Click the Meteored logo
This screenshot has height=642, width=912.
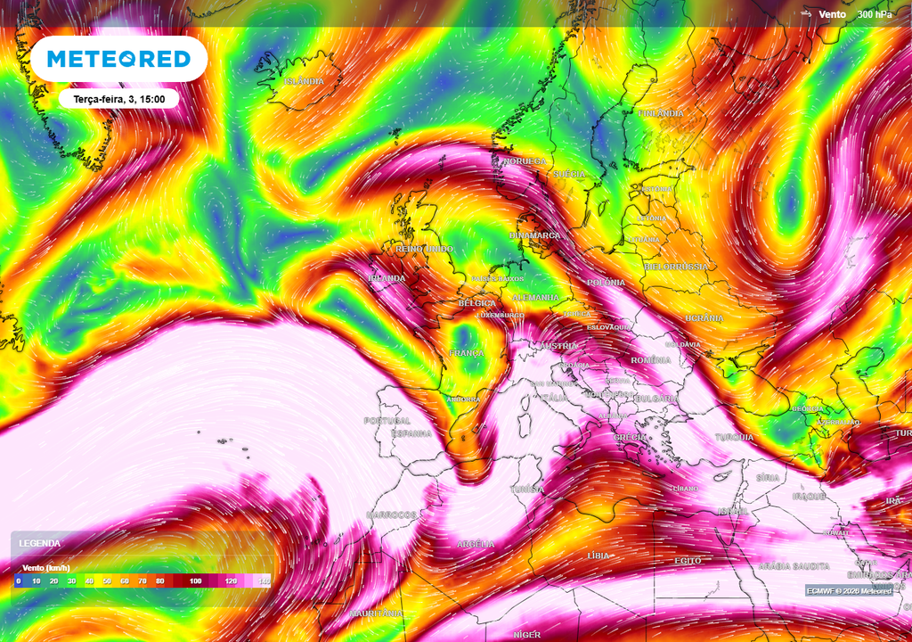(x=118, y=60)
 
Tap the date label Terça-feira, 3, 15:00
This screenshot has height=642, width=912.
(x=119, y=99)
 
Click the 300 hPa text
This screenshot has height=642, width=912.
(x=875, y=14)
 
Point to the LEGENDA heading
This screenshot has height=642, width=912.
(x=40, y=543)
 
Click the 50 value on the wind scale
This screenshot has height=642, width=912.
(x=107, y=581)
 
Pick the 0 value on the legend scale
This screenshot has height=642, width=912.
(x=18, y=581)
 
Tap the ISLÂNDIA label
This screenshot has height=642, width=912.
(x=304, y=81)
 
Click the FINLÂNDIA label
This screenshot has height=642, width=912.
(x=661, y=113)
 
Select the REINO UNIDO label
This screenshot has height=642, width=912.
(x=425, y=249)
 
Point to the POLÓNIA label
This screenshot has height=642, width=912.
(x=606, y=283)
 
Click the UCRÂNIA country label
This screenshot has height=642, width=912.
(x=704, y=318)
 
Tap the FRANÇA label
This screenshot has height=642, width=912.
(x=466, y=353)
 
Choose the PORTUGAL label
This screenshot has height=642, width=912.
(x=387, y=420)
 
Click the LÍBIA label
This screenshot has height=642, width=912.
(x=598, y=556)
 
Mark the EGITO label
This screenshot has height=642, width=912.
(x=688, y=561)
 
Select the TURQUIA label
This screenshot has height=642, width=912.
(x=735, y=438)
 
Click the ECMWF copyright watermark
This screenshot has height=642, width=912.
(x=849, y=590)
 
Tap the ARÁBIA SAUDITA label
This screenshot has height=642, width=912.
(x=794, y=566)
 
